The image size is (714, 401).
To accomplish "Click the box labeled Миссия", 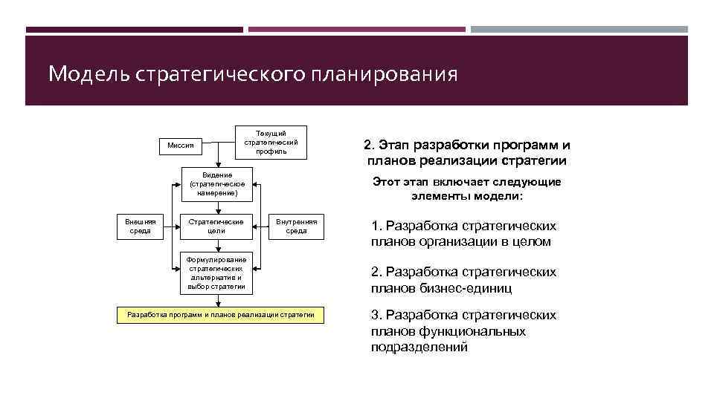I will click(x=181, y=146).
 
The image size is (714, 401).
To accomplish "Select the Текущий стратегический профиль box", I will click(x=271, y=142).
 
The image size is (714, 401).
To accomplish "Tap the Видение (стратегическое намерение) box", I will click(x=217, y=184).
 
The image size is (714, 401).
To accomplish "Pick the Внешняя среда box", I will click(x=140, y=226).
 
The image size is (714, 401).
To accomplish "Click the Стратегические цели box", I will click(x=217, y=226).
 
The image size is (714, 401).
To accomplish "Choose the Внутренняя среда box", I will click(x=297, y=226).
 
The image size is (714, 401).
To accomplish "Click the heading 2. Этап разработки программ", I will click(x=466, y=146).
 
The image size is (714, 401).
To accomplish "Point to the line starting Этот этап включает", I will click(x=466, y=182).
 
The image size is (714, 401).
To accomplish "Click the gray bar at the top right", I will click(x=579, y=30).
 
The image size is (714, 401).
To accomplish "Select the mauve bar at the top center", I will click(x=356, y=30).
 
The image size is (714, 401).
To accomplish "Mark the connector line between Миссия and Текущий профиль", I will click(x=219, y=143).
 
